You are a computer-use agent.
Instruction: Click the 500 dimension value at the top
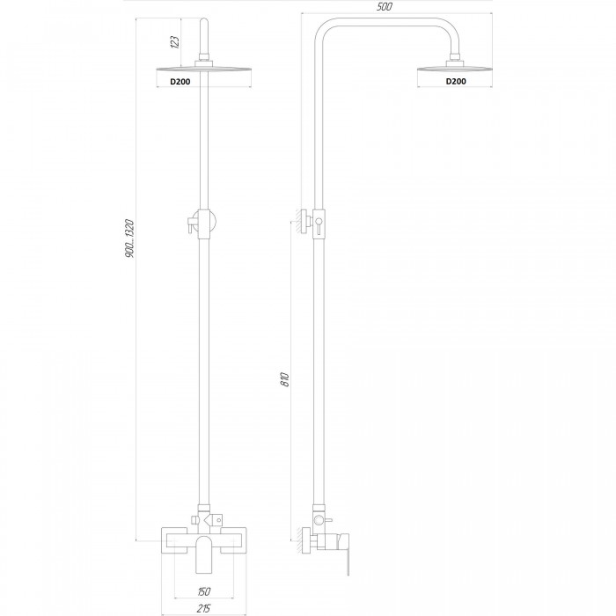pos(385,7)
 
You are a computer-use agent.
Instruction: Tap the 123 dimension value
pos(175,42)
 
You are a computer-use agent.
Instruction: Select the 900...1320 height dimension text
pos(129,238)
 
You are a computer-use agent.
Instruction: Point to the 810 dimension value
pos(285,379)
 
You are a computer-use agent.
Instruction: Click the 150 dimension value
pos(204,590)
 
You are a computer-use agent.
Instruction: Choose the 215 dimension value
pos(203,609)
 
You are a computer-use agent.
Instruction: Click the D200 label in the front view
pos(180,82)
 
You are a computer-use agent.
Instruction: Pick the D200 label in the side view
pos(456,81)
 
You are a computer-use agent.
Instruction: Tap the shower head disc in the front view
pos(204,70)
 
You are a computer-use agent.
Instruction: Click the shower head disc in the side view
pos(455,70)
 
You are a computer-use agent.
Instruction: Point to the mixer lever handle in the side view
pos(346,554)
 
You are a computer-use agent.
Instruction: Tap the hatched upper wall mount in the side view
pos(304,222)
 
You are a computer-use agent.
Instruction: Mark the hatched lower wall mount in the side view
pos(304,541)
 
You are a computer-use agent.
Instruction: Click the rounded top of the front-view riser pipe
pos(204,22)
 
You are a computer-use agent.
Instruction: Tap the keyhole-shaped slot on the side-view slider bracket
pos(319,224)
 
